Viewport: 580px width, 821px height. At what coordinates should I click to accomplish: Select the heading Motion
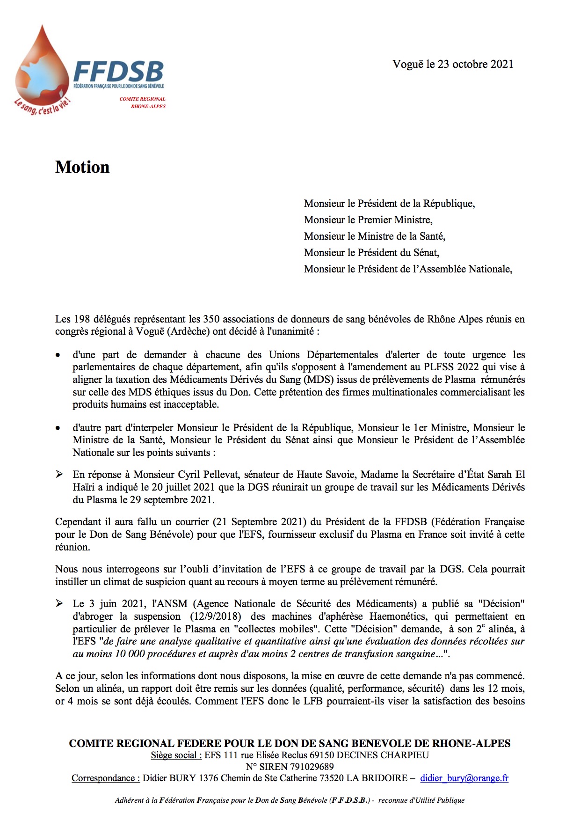(x=82, y=167)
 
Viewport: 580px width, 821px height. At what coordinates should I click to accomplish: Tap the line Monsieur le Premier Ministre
(x=368, y=220)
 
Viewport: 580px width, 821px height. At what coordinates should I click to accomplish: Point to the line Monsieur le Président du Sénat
(x=371, y=253)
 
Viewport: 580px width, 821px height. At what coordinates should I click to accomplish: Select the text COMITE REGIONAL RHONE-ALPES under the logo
(x=143, y=103)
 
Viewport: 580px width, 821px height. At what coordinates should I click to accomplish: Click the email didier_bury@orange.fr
(x=464, y=778)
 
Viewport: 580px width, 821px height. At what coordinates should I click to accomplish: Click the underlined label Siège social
(x=176, y=755)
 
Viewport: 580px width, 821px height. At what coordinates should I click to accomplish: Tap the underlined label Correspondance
(x=105, y=778)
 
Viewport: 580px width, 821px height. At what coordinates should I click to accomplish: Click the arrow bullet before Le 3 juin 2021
(x=59, y=603)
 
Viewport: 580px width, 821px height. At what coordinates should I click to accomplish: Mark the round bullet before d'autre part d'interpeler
(x=58, y=428)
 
